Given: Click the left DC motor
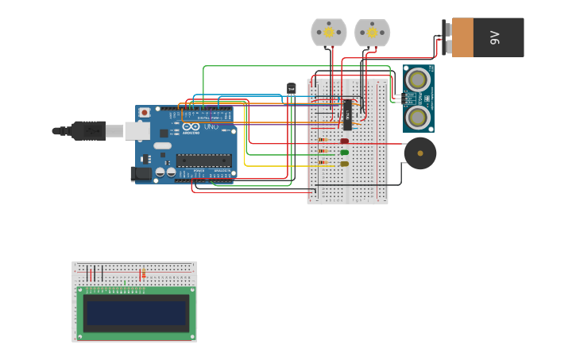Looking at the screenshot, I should tap(328, 33).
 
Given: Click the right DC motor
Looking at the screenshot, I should tap(372, 33).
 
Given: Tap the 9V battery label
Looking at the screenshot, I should tap(494, 37).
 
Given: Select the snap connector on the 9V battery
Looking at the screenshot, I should tap(446, 37).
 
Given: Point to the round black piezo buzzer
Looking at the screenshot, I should tap(419, 153).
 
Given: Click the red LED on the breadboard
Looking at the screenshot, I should tap(344, 141).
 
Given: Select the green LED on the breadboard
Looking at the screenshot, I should tap(344, 152).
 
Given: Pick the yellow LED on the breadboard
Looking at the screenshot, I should tap(344, 164).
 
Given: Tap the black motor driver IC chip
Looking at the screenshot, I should tap(347, 114).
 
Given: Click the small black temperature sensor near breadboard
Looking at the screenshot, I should tap(292, 89).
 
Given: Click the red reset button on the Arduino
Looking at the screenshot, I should tap(144, 113).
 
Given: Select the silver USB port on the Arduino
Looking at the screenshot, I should tap(137, 130).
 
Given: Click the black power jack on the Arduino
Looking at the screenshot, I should tap(141, 172).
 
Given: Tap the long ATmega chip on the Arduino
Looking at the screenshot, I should tap(203, 160).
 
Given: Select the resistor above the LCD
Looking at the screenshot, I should tap(142, 275).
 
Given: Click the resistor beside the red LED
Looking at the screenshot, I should tap(323, 141).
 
